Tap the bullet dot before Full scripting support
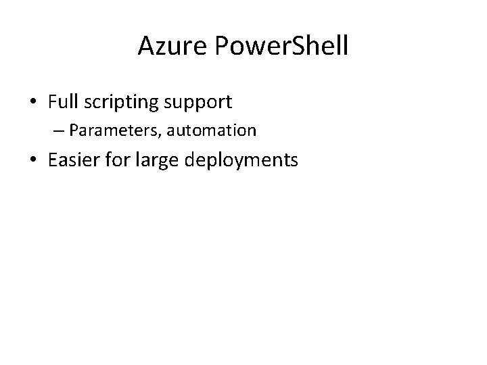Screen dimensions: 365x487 point(33,103)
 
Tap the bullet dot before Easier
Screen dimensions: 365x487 point(33,161)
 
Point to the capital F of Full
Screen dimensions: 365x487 point(52,102)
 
